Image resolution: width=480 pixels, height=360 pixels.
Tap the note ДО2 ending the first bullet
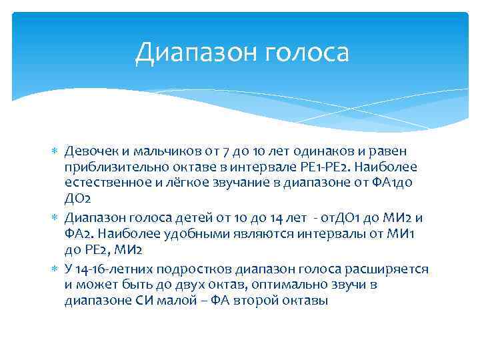[77, 200]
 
